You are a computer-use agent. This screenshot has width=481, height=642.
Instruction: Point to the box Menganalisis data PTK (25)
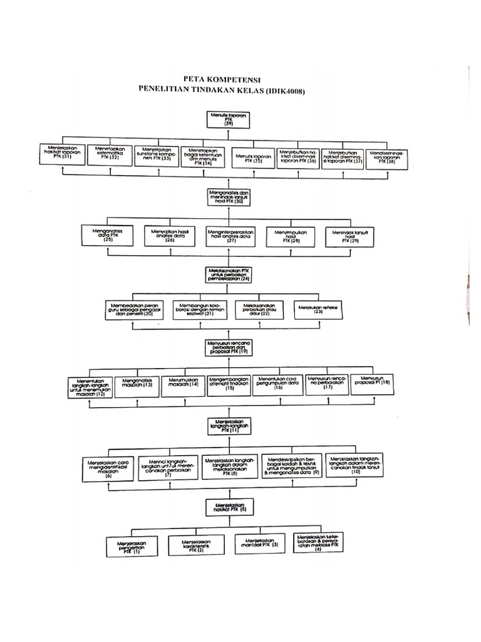(108, 235)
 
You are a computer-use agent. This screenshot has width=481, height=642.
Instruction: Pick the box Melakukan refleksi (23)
(318, 308)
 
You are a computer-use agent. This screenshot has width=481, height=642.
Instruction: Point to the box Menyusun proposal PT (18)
(372, 383)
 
